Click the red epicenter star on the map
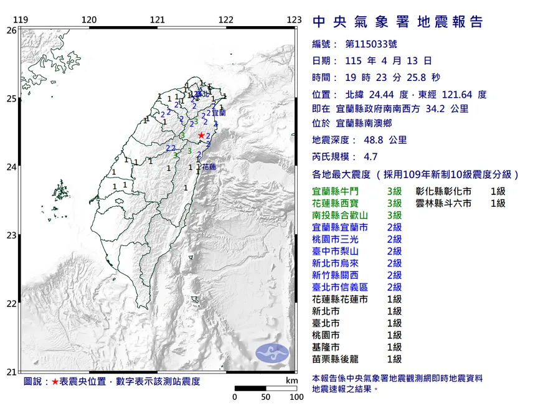[201, 135]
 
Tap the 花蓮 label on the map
[209, 167]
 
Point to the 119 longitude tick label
[21, 20]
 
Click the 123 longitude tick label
[295, 20]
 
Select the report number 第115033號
[371, 44]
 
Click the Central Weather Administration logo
[273, 352]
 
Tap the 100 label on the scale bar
[296, 397]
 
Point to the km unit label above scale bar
[291, 380]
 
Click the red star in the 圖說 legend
[55, 380]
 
